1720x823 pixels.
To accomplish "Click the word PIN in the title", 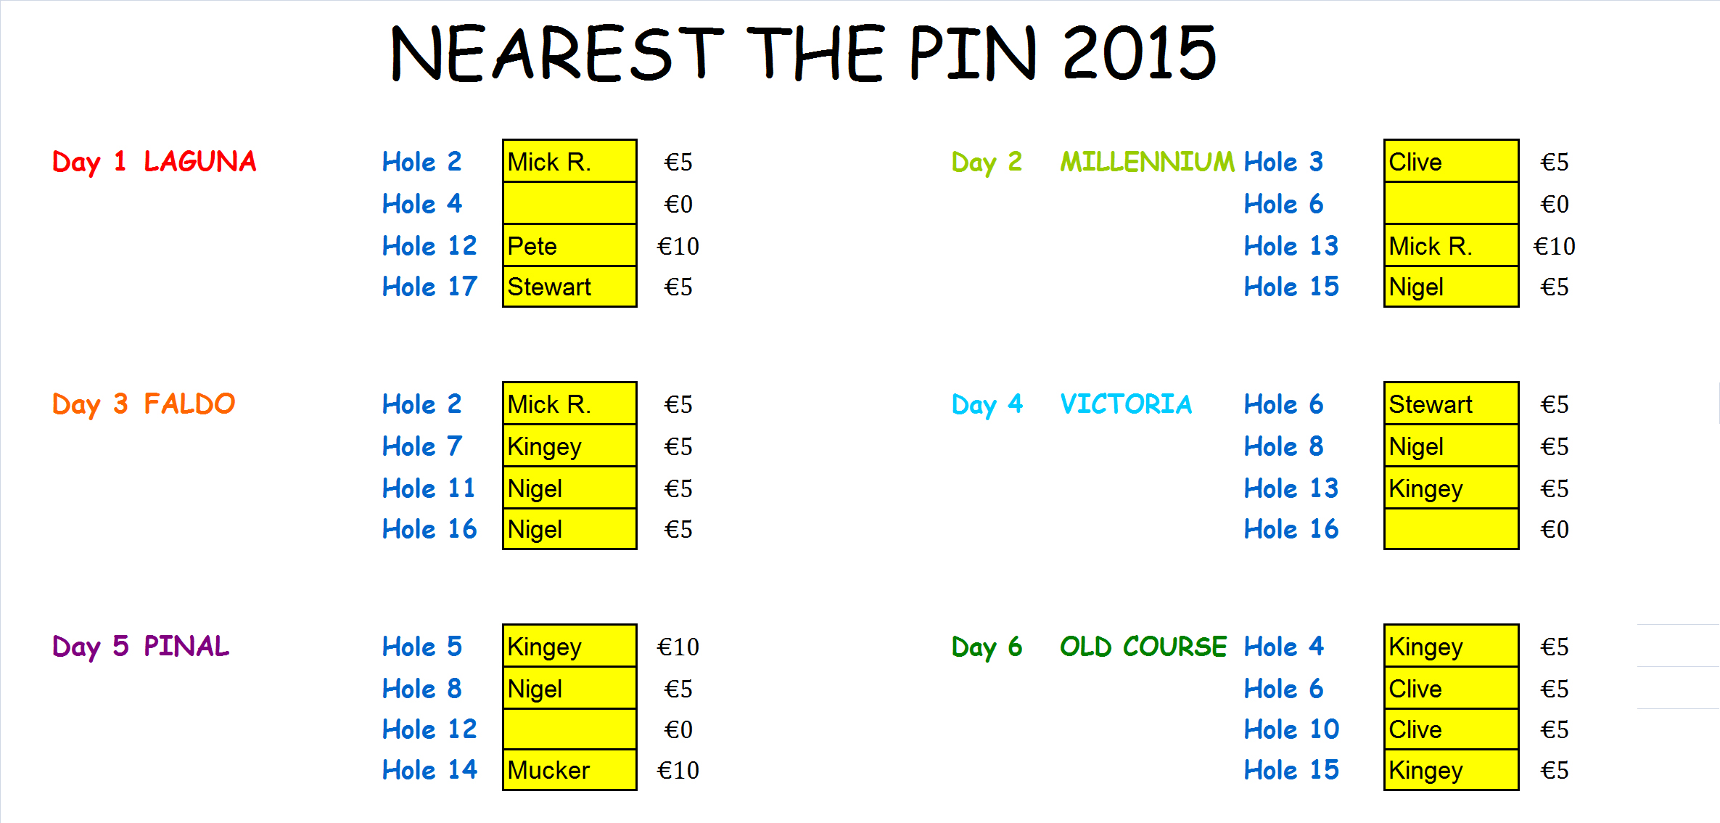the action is pos(974,52).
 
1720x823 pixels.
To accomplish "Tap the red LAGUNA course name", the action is pos(200,161).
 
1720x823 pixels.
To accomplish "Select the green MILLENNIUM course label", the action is pos(1147,161).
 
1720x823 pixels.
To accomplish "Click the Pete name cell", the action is pos(569,245).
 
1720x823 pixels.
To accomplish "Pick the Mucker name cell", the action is pos(569,769).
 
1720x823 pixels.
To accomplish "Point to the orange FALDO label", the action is pos(189,404).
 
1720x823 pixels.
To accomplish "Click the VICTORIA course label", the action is pos(1126,404).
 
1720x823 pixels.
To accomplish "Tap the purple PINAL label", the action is pos(186,646).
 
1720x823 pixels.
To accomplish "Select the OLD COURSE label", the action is pos(1143,646).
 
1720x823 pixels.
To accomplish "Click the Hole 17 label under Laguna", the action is pos(429,287).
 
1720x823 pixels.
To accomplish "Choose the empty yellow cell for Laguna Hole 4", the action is pos(569,203).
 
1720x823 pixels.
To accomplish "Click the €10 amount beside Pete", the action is pos(678,246).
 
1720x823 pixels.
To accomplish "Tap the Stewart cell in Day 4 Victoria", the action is pos(1451,404).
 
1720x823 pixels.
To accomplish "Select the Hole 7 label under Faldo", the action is pos(422,446).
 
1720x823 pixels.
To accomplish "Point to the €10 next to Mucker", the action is pos(678,770).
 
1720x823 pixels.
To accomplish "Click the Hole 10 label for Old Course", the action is pos(1291,729).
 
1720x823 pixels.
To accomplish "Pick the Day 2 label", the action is pos(987,162).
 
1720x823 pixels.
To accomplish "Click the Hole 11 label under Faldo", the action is pos(429,488).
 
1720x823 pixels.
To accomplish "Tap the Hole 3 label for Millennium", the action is pos(1283,161).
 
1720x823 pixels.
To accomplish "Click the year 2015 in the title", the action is pos(1139,52).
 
